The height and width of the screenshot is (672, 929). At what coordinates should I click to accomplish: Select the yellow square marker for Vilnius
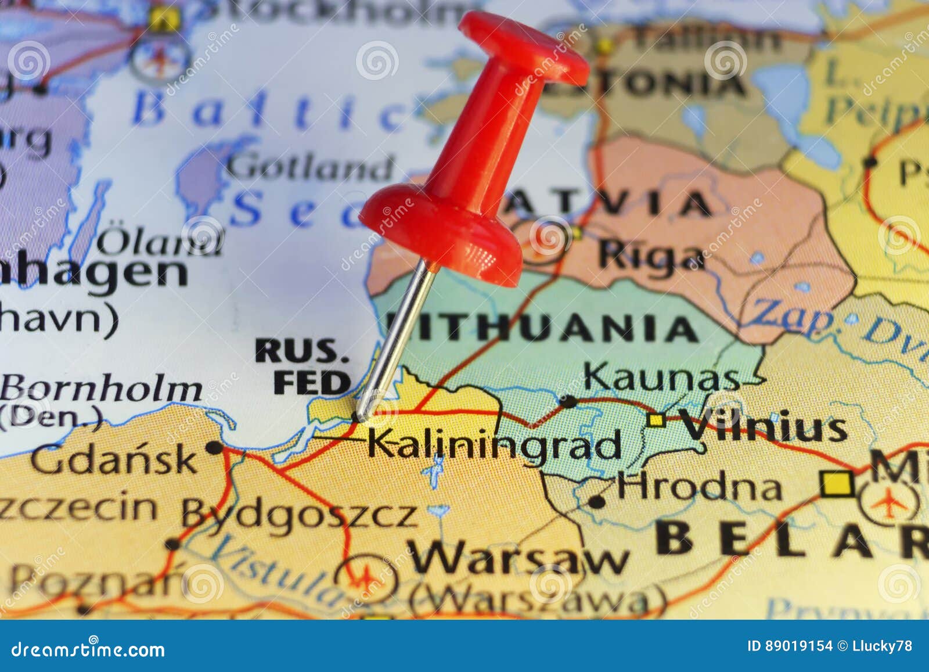pos(657,420)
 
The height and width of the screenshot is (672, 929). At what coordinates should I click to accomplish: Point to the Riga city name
pos(650,256)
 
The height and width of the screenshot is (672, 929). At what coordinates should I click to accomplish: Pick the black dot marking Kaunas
pos(567,400)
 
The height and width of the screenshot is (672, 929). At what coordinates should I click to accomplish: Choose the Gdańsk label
pos(114,459)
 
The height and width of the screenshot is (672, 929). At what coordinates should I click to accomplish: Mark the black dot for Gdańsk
pos(215,447)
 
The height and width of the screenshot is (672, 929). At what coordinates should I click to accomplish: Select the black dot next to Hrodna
pos(596,501)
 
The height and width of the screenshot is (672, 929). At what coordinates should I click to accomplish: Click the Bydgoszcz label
pos(299,514)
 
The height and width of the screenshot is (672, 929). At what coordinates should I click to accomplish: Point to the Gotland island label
pos(309,168)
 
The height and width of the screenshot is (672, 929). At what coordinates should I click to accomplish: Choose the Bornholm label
pos(102,389)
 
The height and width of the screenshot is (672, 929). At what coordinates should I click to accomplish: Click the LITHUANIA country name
pos(543,329)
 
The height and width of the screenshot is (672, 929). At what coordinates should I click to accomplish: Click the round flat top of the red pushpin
pos(523,44)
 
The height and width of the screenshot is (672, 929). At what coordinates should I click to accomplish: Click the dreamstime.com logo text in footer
pos(88,649)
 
